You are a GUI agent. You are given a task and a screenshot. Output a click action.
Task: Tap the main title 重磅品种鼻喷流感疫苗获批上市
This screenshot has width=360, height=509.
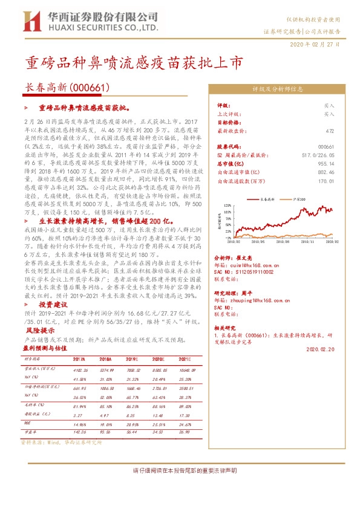point(134,63)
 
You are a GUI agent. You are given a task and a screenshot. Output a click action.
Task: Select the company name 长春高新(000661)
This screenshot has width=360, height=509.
point(66,88)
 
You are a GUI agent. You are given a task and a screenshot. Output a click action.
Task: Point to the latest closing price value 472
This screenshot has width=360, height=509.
point(329,131)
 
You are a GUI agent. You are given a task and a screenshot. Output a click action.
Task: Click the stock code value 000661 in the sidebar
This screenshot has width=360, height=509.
point(326,147)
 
